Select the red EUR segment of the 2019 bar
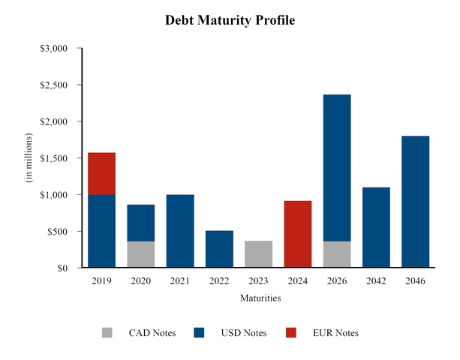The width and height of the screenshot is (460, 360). [x=101, y=173]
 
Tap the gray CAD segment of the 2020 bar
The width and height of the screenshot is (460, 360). [x=140, y=254]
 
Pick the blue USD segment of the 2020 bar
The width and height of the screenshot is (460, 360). [x=140, y=223]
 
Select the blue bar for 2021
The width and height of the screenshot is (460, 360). [x=179, y=231]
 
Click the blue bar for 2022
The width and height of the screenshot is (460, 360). [x=218, y=249]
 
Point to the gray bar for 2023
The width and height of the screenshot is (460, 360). [x=258, y=254]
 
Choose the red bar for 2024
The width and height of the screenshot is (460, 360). [x=297, y=234]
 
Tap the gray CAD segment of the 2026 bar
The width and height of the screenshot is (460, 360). [x=336, y=254]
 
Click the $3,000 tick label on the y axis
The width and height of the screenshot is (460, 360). [x=53, y=49]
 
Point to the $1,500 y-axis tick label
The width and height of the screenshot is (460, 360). [x=53, y=158]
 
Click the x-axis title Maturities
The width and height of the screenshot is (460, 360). [x=260, y=298]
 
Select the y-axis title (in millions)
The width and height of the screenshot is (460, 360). [x=29, y=158]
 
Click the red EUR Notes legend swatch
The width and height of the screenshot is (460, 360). [x=291, y=333]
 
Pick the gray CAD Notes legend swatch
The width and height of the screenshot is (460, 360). [x=107, y=333]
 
